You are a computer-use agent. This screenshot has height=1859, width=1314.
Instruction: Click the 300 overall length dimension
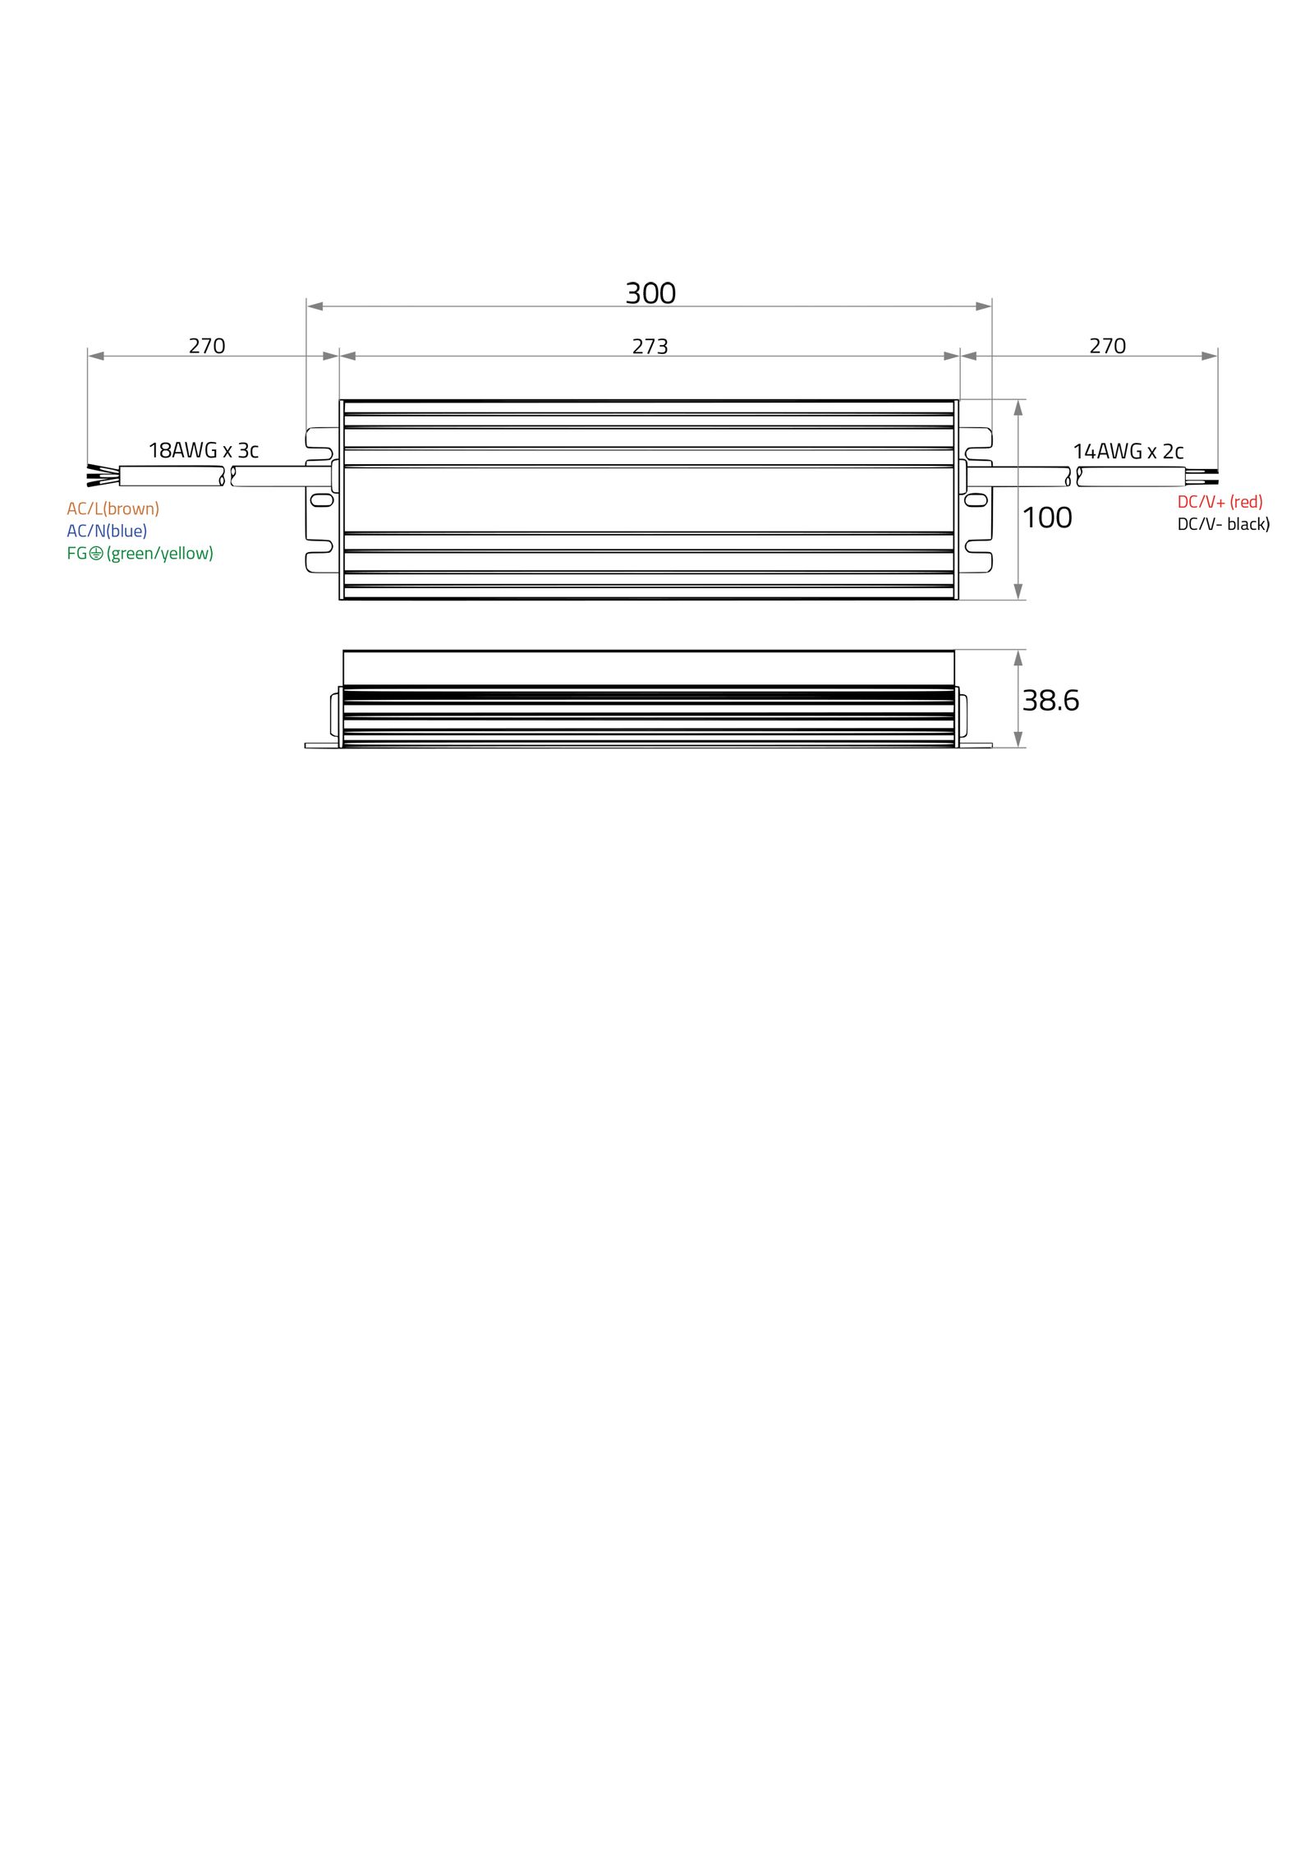point(650,293)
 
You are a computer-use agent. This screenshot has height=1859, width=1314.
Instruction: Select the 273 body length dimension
point(650,347)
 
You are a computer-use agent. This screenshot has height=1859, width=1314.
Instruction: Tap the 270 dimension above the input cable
point(207,346)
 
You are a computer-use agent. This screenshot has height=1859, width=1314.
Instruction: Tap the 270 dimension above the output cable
point(1107,346)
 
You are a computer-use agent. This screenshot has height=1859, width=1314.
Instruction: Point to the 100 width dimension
point(1047,518)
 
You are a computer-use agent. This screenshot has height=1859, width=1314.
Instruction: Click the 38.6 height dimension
point(1050,701)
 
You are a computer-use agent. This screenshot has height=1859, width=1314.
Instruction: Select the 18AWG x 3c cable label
point(203,450)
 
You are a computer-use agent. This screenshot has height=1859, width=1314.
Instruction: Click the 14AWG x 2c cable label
point(1128,451)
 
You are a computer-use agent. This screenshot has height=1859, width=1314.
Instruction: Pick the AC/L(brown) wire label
point(113,508)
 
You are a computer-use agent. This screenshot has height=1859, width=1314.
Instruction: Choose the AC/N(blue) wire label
point(107,531)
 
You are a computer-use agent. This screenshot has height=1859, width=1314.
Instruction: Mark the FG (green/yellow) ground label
point(140,554)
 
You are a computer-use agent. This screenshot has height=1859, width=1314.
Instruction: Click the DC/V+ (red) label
point(1220,502)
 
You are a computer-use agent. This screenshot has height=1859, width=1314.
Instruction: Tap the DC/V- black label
point(1224,524)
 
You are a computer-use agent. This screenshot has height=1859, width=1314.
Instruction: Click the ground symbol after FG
point(96,554)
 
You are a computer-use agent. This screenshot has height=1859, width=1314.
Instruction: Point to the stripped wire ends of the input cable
point(103,475)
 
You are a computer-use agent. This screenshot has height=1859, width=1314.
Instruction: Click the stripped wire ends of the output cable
point(1201,476)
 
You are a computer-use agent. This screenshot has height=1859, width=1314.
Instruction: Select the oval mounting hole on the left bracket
point(322,499)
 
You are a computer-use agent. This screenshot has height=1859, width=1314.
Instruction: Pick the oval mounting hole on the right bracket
point(976,499)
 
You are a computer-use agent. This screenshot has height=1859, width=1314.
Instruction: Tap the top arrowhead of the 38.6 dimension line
point(1018,658)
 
